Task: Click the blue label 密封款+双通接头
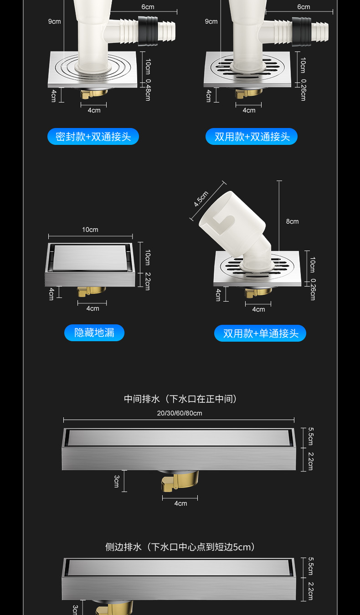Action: (x=93, y=137)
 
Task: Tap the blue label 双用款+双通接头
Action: (x=252, y=137)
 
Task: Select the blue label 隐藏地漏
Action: (x=94, y=333)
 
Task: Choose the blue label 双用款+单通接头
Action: (x=260, y=333)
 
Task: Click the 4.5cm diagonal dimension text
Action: (x=201, y=199)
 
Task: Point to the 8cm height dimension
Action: (x=292, y=221)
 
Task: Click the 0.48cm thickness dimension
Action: (x=148, y=90)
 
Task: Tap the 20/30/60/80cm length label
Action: (x=180, y=413)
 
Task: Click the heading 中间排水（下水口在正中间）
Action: (x=180, y=399)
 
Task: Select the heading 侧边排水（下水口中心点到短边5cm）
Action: (x=180, y=547)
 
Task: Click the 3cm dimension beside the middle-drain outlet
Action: (x=116, y=481)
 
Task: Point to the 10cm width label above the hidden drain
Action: (x=90, y=230)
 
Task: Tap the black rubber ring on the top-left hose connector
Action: (x=148, y=31)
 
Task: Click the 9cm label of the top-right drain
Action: (x=211, y=21)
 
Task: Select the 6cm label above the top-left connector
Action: (x=148, y=7)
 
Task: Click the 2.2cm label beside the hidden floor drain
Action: (x=148, y=281)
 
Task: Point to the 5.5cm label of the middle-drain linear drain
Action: (x=311, y=436)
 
